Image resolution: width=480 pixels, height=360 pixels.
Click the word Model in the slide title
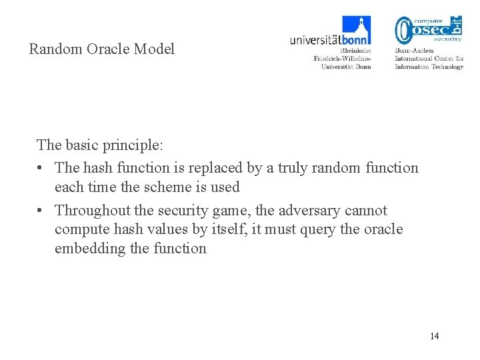point(154,49)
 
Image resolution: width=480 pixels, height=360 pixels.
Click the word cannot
point(365,211)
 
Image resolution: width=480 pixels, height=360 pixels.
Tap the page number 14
point(434,335)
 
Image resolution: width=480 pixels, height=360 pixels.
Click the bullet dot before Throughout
point(41,211)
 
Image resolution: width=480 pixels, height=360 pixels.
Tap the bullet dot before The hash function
point(41,167)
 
